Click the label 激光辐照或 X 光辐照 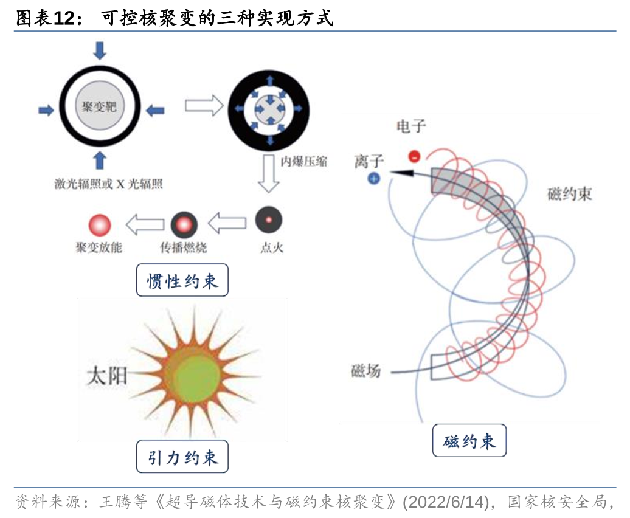coord(108,184)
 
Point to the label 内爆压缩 coord(303,162)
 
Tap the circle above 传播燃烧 coord(184,225)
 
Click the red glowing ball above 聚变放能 coord(100,225)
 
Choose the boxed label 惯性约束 coord(182,280)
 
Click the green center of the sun coord(195,372)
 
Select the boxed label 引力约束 coord(182,457)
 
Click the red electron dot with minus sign coord(414,156)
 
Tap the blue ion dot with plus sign coord(374,178)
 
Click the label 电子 coord(411,126)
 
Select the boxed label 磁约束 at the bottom coord(469,441)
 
